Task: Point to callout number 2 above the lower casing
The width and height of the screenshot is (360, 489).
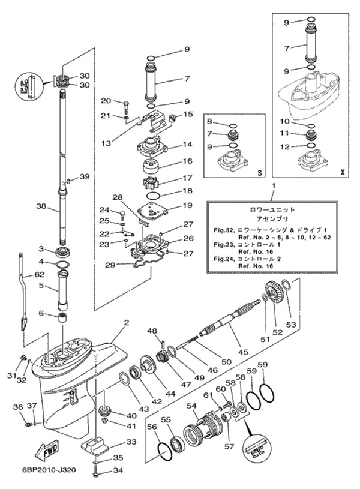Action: point(127,323)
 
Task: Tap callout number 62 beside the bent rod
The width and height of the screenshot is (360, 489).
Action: point(40,274)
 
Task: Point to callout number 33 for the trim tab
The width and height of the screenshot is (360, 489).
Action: point(130,442)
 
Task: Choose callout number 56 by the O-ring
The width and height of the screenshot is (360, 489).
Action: point(152,427)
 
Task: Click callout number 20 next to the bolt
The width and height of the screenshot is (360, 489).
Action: point(106,100)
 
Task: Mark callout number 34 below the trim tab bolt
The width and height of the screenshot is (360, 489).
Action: point(117,470)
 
